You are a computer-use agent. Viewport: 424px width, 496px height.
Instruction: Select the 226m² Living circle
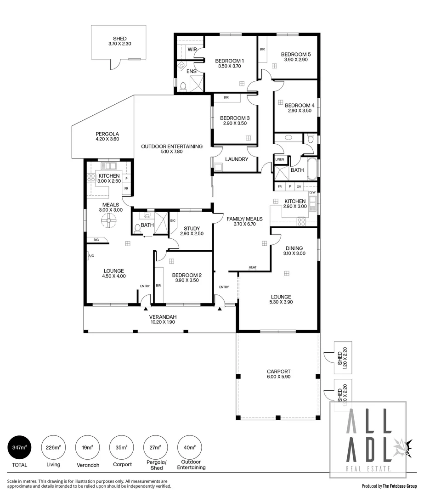pos(52,447)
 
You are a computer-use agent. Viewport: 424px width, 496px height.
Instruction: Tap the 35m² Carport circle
pos(120,447)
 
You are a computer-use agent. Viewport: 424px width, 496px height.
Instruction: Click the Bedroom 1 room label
pos(229,61)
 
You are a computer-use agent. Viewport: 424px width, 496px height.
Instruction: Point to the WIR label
pos(192,49)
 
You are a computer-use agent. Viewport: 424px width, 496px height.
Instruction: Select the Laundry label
pos(237,159)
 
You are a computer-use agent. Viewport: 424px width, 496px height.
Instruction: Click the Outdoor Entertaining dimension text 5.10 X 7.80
pos(171,152)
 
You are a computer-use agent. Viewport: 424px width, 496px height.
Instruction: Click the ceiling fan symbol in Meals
pos(109,221)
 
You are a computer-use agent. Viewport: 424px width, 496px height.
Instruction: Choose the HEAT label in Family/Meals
pos(253,267)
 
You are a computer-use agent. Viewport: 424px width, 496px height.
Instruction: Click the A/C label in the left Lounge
pos(91,255)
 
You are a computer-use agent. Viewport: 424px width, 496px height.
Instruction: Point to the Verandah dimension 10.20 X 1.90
pos(163,322)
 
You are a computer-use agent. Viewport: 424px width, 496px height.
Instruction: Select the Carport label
pos(279,372)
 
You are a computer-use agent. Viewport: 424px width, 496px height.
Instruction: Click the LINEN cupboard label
pos(280,159)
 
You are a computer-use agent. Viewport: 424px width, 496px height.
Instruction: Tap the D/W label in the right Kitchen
pos(312,192)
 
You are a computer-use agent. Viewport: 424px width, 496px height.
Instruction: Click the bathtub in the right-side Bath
pos(312,169)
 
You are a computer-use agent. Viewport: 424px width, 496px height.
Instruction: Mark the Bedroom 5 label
pos(296,54)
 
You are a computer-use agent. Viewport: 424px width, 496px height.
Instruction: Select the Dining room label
pos(293,248)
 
